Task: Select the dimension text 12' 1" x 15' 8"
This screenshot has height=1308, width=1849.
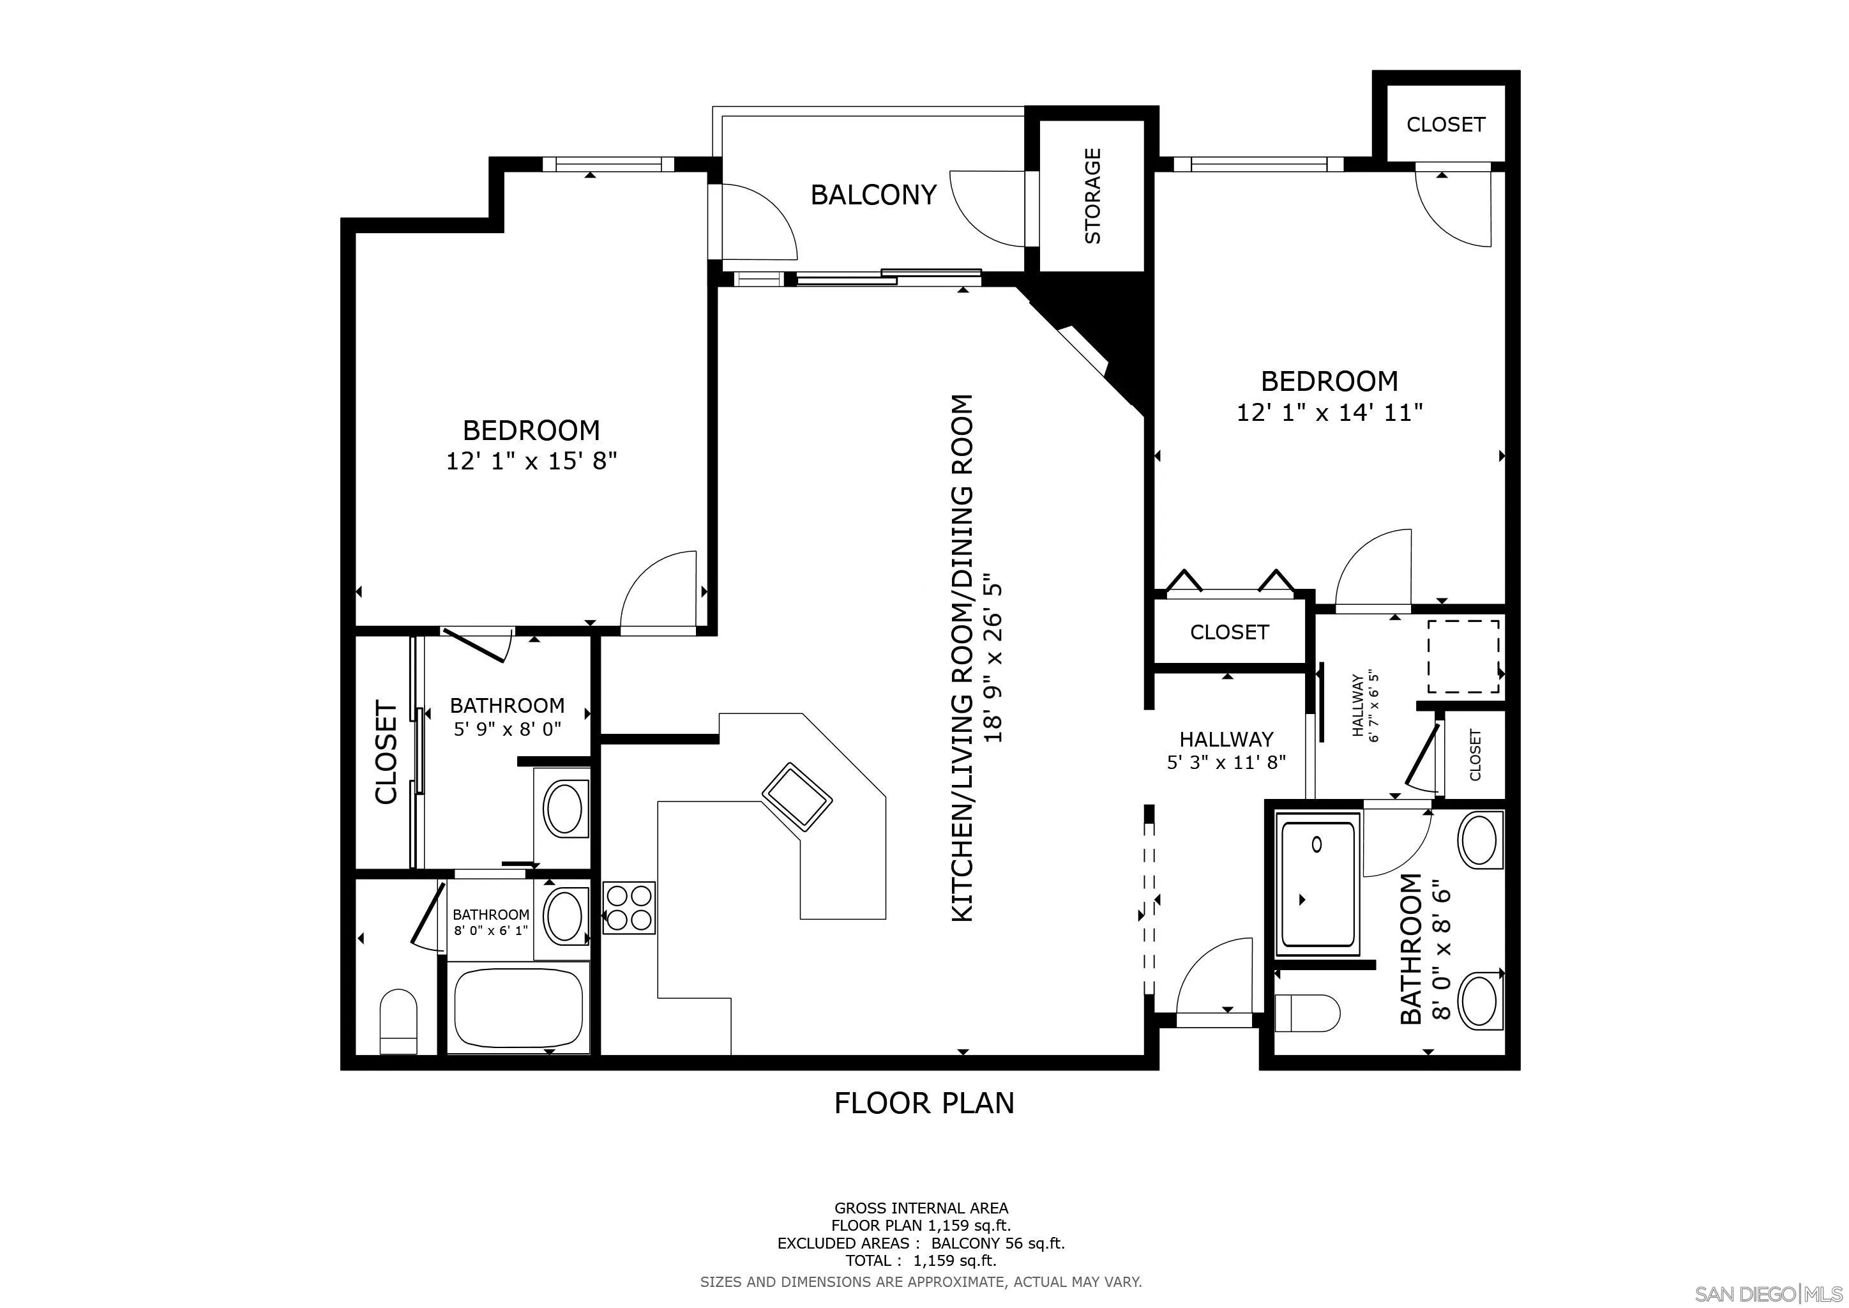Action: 531,462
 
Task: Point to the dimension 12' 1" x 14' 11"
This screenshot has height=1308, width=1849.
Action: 1329,413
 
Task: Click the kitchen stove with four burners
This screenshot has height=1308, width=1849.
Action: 629,908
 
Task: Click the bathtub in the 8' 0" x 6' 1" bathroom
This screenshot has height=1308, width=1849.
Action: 518,1007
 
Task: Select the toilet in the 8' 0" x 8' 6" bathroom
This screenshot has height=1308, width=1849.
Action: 1307,1012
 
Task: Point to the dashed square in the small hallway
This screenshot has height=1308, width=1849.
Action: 1463,656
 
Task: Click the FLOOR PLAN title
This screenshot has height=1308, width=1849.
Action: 924,1102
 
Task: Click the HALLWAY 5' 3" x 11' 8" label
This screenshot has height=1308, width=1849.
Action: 1226,750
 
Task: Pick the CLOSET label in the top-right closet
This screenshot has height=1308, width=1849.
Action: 1445,124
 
